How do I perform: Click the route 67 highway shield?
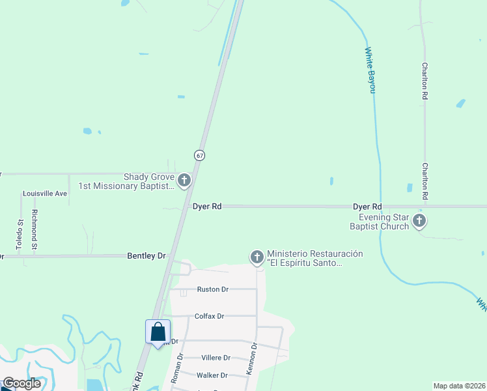tap(199, 154)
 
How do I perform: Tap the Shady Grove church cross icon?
tap(184, 181)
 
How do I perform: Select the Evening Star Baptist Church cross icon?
tap(419, 221)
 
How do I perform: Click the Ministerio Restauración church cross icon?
tap(257, 257)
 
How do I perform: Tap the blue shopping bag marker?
tap(158, 332)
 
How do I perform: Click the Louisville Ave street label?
tap(45, 194)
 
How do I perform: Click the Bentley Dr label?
tap(146, 257)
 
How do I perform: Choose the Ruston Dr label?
tap(213, 289)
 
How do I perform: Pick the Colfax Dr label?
tap(209, 316)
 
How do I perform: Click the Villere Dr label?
tap(216, 358)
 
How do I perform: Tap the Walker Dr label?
tap(212, 375)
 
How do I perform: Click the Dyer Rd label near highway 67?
tap(207, 207)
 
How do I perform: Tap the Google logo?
tap(21, 383)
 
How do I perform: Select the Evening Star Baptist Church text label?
tap(379, 222)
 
